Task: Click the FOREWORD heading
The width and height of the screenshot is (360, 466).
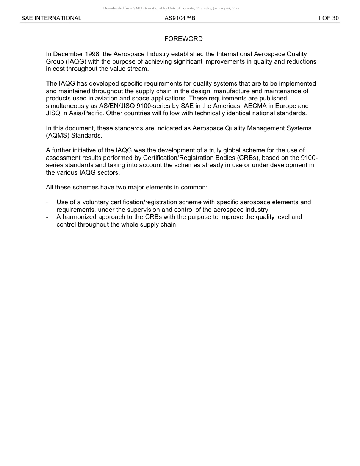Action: [x=183, y=39]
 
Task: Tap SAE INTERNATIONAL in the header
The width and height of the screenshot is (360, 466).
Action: [x=51, y=18]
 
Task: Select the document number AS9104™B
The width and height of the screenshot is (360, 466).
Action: [x=180, y=18]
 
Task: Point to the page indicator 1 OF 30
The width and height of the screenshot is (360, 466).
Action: [x=328, y=18]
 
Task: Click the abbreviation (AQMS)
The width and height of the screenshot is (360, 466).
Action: [x=58, y=135]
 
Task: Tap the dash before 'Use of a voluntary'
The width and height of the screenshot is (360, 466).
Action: [x=47, y=202]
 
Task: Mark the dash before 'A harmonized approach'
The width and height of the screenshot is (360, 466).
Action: [x=47, y=217]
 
